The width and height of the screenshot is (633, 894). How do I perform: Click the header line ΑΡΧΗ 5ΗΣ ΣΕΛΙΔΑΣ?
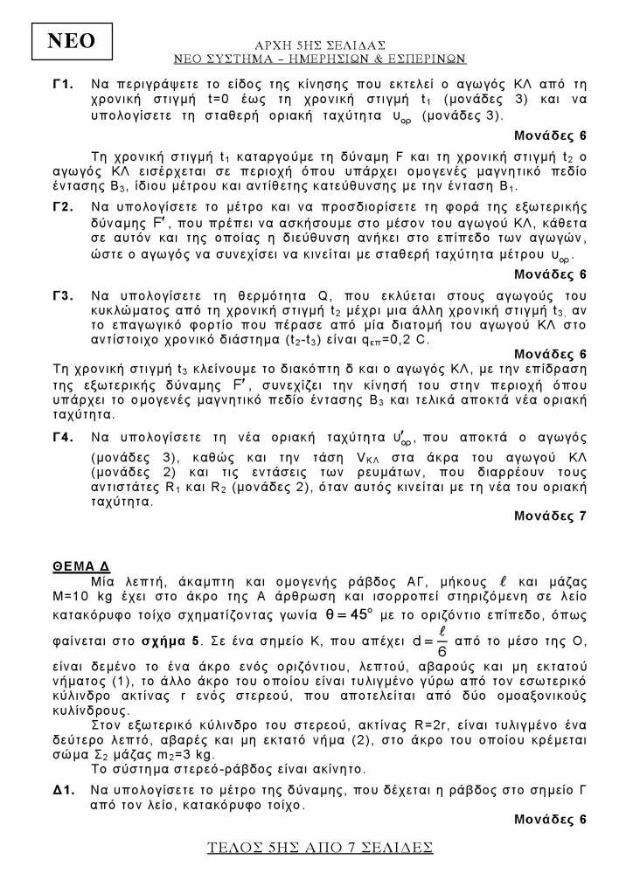pyautogui.click(x=318, y=43)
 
